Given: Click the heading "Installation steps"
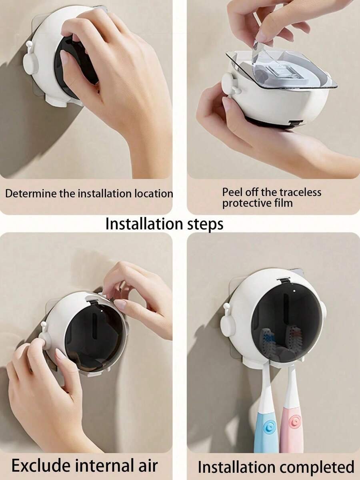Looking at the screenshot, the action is point(164,224).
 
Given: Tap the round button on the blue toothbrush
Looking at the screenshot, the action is point(270,426).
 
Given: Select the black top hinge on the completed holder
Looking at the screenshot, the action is point(284,280).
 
